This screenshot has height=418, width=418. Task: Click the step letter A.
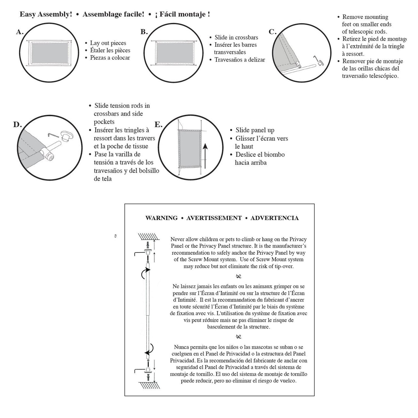click(19, 32)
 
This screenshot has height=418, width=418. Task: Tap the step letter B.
click(144, 32)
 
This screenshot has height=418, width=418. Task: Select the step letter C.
click(272, 32)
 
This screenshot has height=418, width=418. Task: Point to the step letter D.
click(17, 125)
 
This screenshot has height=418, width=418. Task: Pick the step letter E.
click(158, 125)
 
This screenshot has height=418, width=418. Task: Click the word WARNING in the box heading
click(161, 218)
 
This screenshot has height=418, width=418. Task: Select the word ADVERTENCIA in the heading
click(274, 218)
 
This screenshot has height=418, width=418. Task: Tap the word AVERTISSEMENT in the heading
click(214, 218)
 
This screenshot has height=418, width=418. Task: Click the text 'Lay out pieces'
click(108, 43)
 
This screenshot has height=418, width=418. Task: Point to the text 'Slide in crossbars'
click(236, 38)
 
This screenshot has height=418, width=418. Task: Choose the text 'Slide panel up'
click(255, 130)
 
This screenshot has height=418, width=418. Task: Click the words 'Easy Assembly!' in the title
click(46, 14)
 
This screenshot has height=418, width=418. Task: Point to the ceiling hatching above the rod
click(149, 237)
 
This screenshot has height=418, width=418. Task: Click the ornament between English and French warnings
click(239, 276)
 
